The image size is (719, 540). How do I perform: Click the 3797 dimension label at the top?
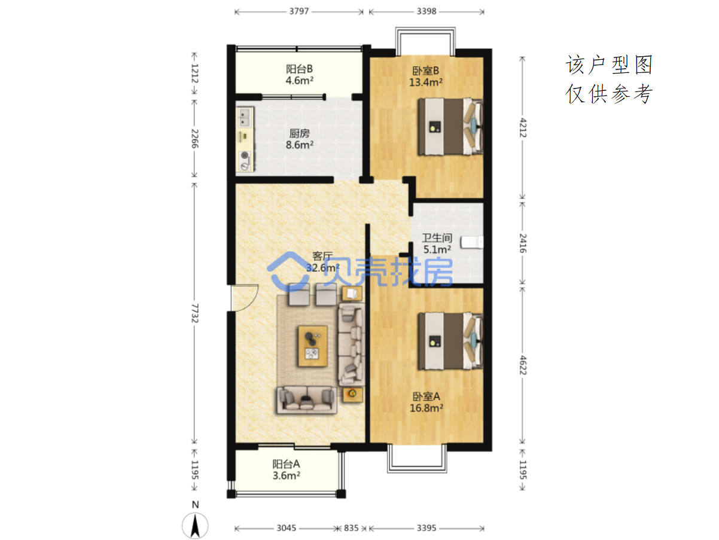coord(298,11)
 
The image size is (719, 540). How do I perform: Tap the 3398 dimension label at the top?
coord(426,11)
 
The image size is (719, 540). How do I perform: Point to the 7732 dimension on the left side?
coord(194,313)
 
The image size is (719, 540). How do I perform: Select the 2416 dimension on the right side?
coord(523,243)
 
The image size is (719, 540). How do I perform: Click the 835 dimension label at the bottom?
coord(351,528)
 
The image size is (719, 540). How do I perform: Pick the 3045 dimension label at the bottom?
coord(286,528)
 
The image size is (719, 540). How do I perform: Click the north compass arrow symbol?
coord(195,526)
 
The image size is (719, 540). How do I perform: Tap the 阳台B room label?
coord(299,69)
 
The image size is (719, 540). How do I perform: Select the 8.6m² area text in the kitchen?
coord(300,145)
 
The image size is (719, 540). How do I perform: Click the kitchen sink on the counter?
coord(245,117)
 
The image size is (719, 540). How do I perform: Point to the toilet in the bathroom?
coord(472,242)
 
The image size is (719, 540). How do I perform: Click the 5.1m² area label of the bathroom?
coord(437,249)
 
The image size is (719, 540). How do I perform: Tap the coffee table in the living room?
coord(312,346)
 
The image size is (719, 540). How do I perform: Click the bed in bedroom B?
coord(450,126)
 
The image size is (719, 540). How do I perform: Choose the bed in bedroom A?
coord(450,341)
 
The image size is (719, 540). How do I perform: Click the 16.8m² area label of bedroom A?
coord(426,408)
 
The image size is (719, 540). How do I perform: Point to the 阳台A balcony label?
coord(286,464)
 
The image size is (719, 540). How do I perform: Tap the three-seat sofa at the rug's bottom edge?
coord(307,399)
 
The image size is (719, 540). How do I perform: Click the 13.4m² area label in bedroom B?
coord(425,82)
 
